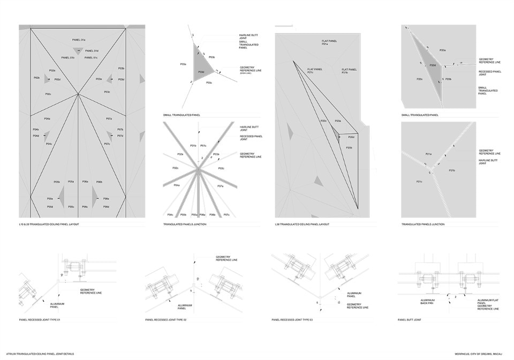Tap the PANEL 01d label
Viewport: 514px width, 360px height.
[92, 50]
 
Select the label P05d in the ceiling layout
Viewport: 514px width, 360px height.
[50, 207]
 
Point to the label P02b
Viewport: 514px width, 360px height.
[36, 78]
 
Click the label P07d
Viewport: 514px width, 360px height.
[120, 136]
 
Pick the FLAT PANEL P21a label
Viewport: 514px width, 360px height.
[329, 42]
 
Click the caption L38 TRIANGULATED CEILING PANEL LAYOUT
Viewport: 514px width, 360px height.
[302, 224]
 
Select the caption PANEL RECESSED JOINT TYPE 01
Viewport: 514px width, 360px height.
[40, 320]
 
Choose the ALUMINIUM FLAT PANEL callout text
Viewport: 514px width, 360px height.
[486, 302]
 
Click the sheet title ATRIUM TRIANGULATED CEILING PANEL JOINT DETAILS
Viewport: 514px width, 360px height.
[46, 354]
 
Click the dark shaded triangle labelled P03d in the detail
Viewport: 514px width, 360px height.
[204, 70]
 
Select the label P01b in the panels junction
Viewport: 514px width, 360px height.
[193, 146]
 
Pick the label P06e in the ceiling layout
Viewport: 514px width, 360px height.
[106, 199]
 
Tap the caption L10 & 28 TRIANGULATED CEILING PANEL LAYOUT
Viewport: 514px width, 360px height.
[50, 224]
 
